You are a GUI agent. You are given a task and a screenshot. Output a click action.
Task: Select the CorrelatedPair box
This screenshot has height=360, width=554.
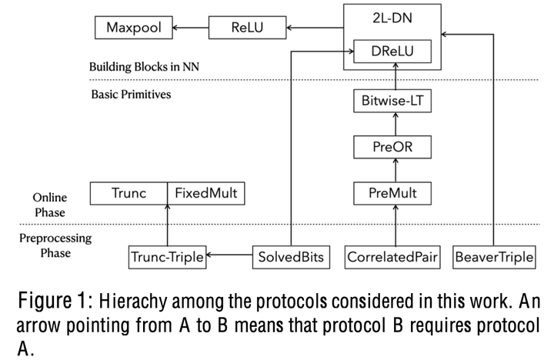pos(392,255)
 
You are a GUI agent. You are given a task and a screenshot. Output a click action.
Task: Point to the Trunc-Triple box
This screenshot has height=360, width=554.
pos(167,255)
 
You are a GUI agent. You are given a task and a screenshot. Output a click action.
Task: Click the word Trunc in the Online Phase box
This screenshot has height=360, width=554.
pos(128,193)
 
